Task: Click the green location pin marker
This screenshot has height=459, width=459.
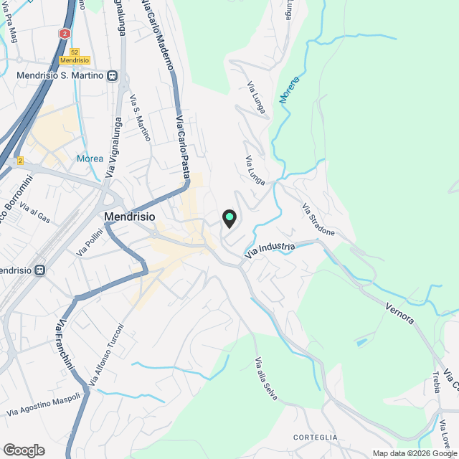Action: coord(229,217)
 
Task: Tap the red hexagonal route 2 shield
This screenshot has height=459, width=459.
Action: coord(65,34)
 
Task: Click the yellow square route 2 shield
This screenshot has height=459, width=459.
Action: coord(20,160)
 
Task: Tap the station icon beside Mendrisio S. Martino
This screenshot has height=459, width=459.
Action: coord(113,76)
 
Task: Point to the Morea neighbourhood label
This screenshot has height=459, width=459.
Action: coord(90,158)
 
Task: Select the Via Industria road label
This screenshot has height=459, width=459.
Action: coord(270,250)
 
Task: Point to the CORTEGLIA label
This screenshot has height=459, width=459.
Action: coord(315,437)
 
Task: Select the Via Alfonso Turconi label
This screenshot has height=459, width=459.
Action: coord(107,353)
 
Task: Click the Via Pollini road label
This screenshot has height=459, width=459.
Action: coord(90,241)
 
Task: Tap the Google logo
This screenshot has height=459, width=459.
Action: coord(24,450)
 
